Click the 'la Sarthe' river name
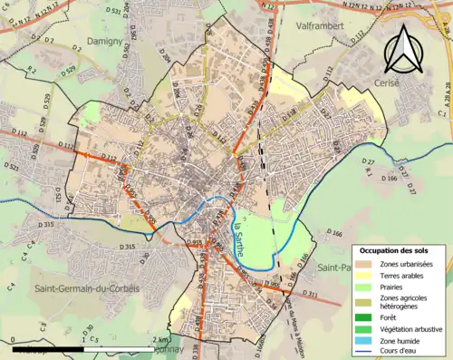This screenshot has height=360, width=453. pos(238,238)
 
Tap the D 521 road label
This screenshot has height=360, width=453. pos(11,167)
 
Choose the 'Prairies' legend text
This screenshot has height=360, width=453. pos(398,287)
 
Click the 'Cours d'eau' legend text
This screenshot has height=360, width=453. pos(404,353)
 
